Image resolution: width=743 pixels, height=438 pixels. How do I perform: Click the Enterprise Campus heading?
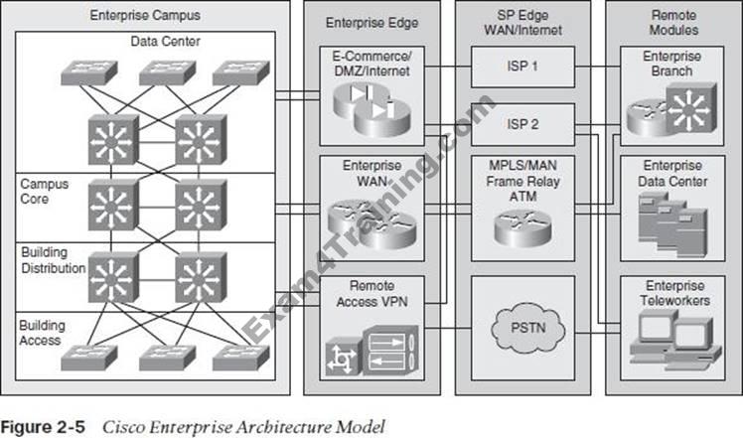[x=145, y=16]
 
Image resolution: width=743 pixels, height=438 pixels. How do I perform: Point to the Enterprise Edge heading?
[x=371, y=23]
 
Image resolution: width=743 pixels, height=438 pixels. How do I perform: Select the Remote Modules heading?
[x=672, y=23]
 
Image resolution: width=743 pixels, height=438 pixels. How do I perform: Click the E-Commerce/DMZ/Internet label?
[x=371, y=63]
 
